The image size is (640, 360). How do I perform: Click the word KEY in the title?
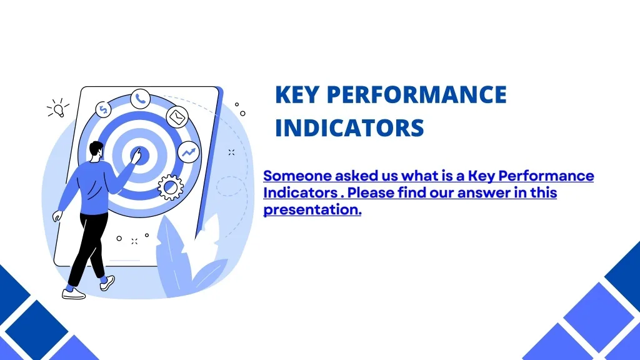(x=297, y=95)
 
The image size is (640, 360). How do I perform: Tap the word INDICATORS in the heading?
(x=349, y=129)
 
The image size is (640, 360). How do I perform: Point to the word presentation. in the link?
(x=312, y=210)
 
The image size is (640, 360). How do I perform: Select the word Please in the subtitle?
(x=371, y=193)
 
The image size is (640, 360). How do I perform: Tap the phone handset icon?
(x=140, y=98)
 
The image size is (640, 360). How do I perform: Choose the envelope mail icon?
(x=177, y=116)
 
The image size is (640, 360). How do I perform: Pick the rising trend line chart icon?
(x=188, y=152)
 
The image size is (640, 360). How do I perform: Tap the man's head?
(x=95, y=150)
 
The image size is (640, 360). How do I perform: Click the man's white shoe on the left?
(x=74, y=292)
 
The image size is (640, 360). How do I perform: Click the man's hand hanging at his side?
(x=57, y=216)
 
